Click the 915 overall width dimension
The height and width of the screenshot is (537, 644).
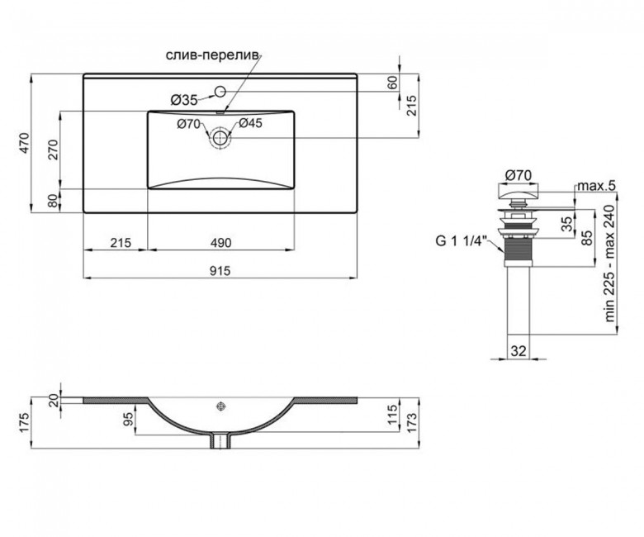(220, 271)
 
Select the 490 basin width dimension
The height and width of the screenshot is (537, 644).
(221, 243)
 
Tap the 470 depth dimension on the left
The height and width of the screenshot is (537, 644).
(25, 143)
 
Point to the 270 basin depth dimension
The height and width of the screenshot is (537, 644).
(54, 150)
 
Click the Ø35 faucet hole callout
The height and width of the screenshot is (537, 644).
(184, 100)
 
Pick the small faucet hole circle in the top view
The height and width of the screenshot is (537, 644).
(220, 91)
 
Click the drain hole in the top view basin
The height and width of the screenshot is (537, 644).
(220, 138)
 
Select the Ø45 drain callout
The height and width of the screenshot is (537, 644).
(249, 123)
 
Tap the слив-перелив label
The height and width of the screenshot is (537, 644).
(212, 55)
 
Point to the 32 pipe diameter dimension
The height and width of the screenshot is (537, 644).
(519, 351)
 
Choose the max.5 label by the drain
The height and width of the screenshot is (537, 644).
(597, 186)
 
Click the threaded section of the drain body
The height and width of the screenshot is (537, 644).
(518, 251)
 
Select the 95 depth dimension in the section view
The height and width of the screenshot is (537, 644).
(128, 419)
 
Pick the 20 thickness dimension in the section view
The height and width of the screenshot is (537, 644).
(54, 401)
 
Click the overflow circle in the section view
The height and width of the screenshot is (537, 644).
(221, 406)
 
